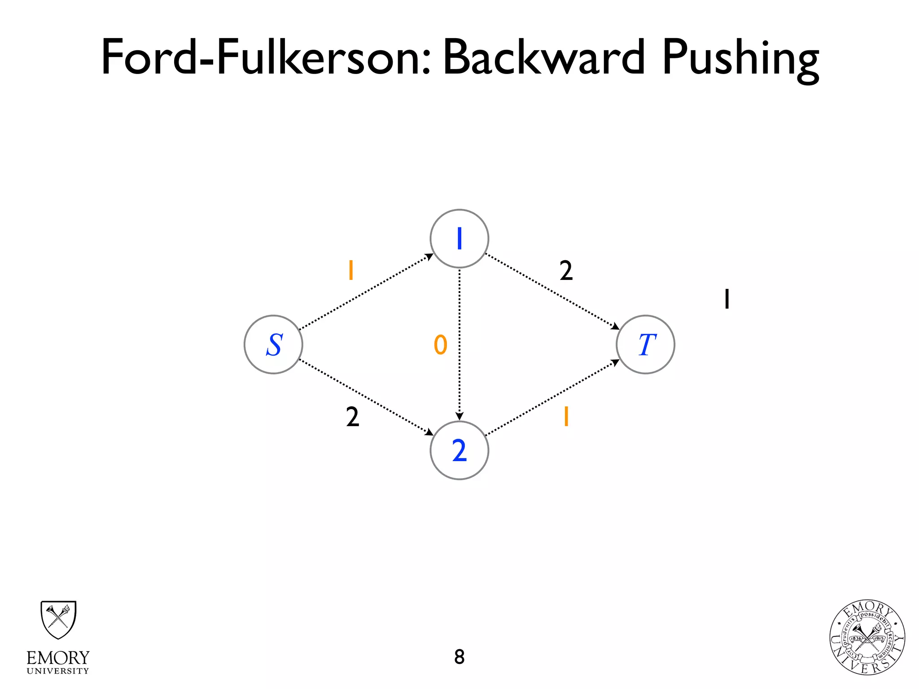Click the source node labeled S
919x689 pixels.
[x=273, y=344]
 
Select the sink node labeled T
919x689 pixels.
[x=645, y=344]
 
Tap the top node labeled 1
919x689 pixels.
[x=459, y=239]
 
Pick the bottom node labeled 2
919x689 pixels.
[x=459, y=450]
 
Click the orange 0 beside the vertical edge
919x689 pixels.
[x=441, y=345]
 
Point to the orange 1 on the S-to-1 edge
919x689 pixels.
[x=351, y=270]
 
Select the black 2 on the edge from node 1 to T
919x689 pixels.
[x=566, y=270]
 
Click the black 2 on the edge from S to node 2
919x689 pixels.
[x=353, y=417]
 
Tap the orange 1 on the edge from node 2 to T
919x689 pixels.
[x=566, y=416]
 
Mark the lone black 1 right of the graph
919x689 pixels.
[x=727, y=299]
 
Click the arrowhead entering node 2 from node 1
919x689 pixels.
[x=459, y=417]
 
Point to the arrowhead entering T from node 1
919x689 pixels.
[x=616, y=326]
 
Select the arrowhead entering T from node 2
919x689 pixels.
[x=616, y=362]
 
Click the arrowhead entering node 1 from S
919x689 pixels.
[x=429, y=257]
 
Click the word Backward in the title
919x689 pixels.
[x=544, y=57]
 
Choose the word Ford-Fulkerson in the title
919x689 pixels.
[x=267, y=57]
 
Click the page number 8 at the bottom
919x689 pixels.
[x=459, y=657]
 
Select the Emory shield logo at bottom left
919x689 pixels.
[x=58, y=620]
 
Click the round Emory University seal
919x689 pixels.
[x=867, y=637]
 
